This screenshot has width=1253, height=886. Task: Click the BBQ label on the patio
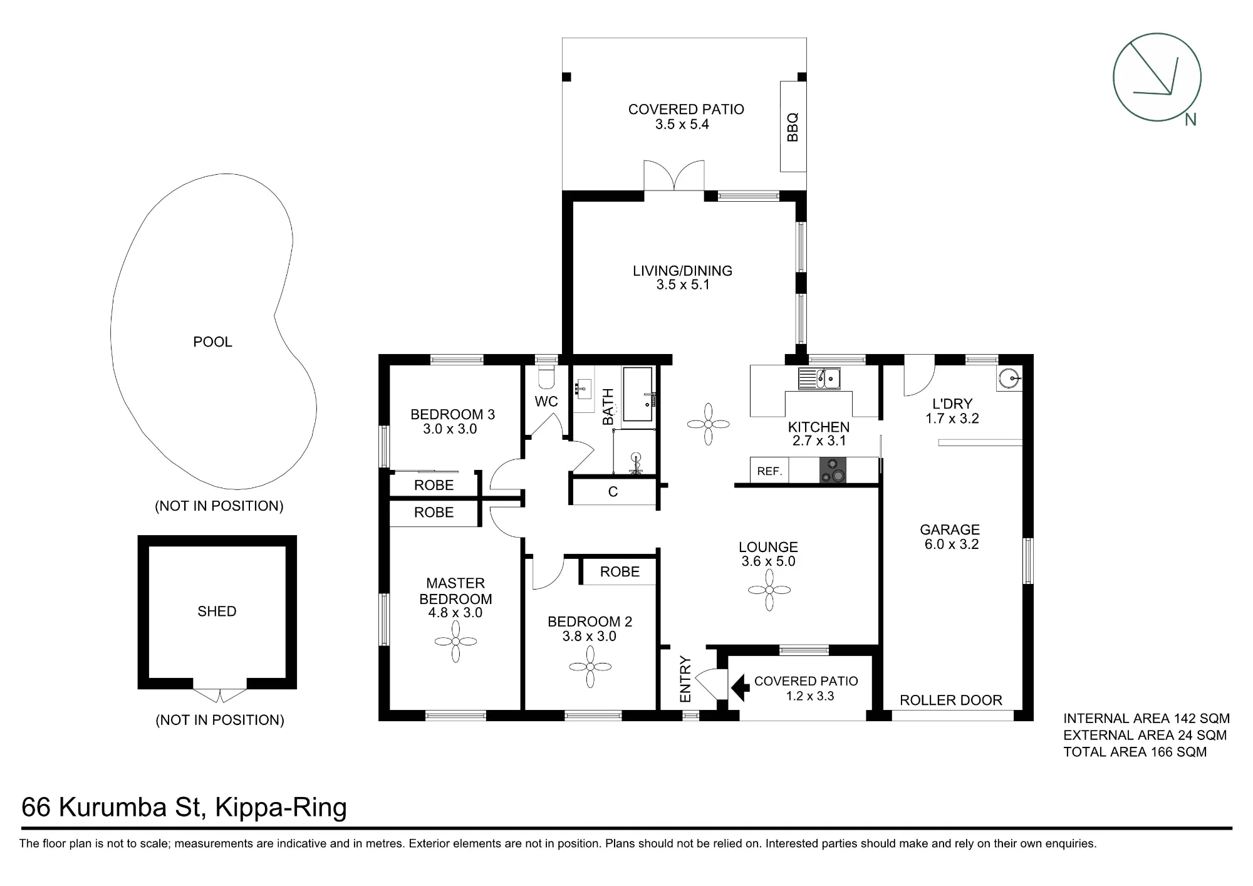[x=793, y=127]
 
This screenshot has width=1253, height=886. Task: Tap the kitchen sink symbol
[x=819, y=378]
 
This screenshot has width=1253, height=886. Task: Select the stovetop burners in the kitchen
[x=833, y=470]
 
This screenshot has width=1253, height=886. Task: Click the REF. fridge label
[x=770, y=471]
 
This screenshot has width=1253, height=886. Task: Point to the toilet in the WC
[x=547, y=377]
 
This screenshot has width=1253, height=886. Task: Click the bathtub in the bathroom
[x=638, y=394]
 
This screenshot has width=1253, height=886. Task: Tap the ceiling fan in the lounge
[x=769, y=590]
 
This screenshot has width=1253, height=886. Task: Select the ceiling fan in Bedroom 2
[x=590, y=667]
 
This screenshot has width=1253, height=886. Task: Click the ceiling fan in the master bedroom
[x=455, y=641]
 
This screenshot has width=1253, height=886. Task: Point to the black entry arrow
[x=741, y=687]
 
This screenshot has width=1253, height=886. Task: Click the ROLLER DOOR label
[x=951, y=700]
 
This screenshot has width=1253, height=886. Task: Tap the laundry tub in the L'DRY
[x=1009, y=378]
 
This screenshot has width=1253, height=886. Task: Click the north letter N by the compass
[x=1190, y=120]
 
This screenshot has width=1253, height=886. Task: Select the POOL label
[x=212, y=342]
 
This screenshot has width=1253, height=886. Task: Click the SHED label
[x=217, y=612]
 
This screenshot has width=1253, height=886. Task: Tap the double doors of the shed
[x=220, y=696]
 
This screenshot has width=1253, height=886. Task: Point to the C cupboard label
[x=613, y=492]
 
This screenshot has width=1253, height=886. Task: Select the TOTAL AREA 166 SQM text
[x=1135, y=752]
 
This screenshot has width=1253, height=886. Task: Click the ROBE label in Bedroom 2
[x=620, y=571]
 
